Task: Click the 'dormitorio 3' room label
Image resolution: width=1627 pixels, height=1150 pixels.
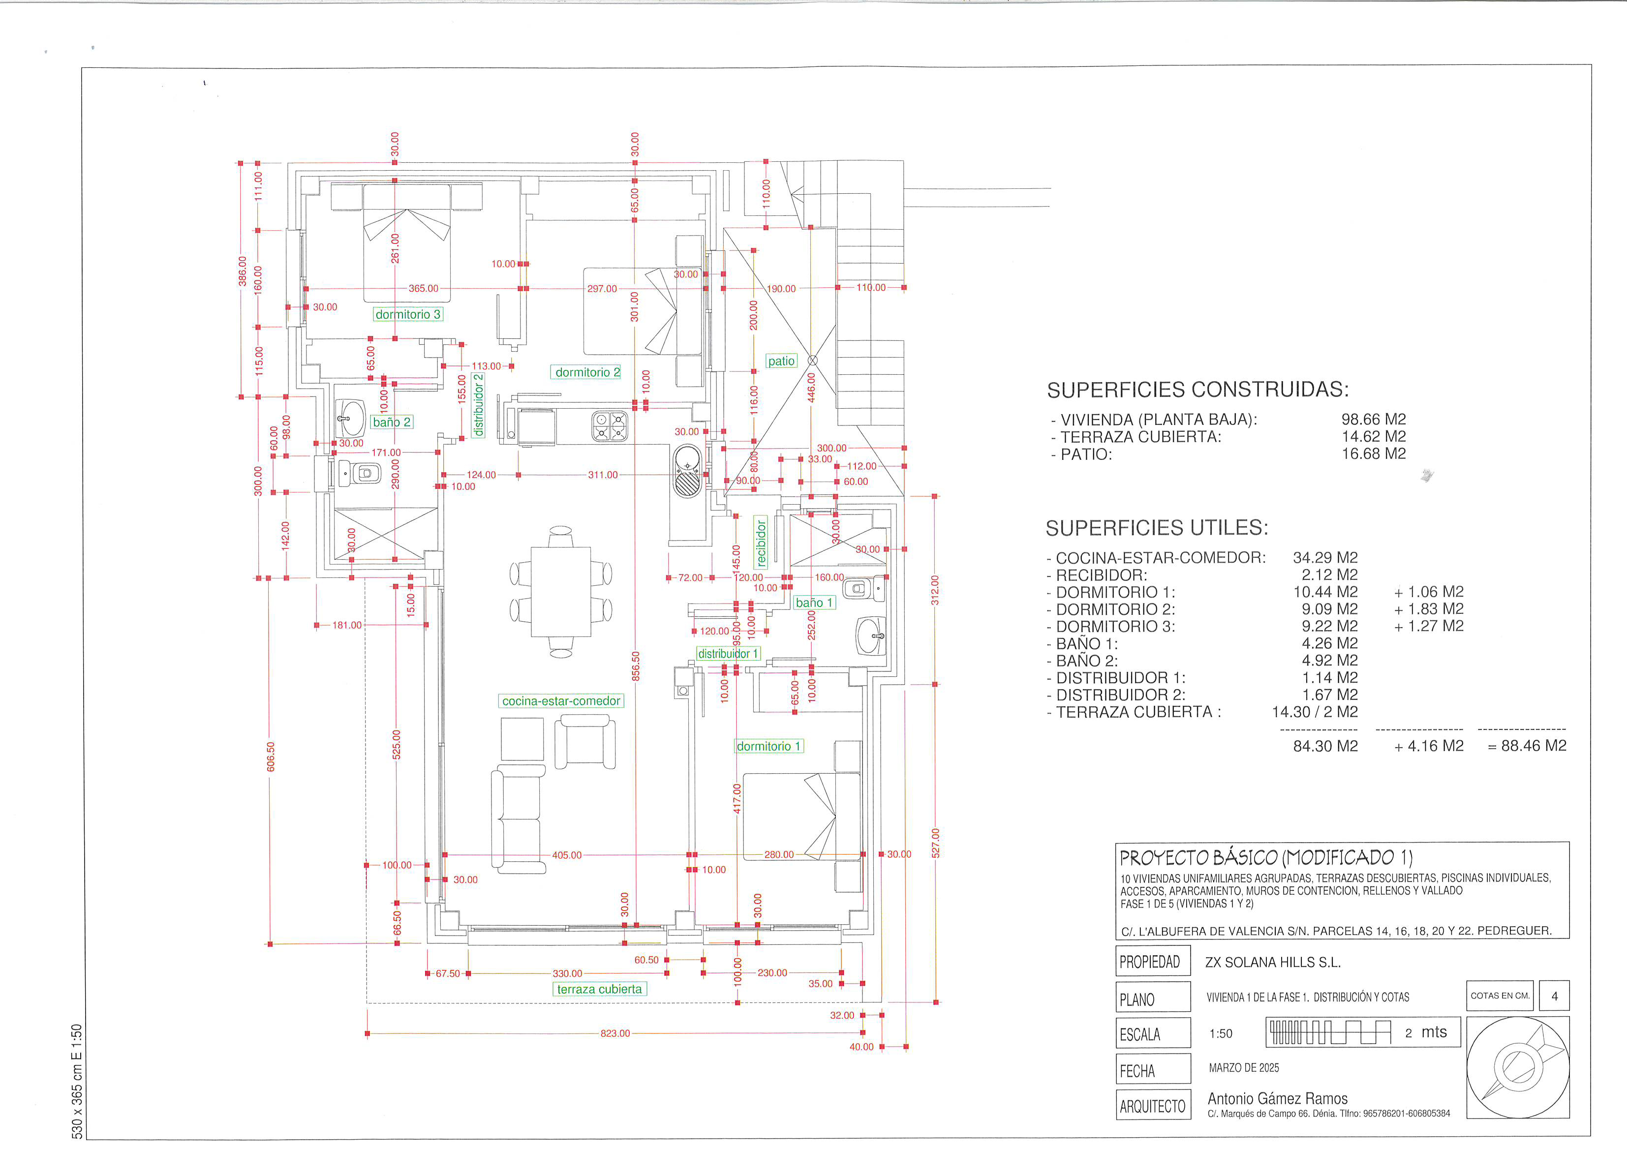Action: (x=408, y=314)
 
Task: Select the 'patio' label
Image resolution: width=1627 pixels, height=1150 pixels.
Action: (x=782, y=361)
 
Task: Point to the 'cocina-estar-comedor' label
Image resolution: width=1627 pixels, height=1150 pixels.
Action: (x=561, y=701)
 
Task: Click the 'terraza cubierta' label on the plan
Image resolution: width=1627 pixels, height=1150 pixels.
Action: (x=600, y=989)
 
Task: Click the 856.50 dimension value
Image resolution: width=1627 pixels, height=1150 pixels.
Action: (x=636, y=666)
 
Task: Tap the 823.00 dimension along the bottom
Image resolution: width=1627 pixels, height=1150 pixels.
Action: (x=615, y=1033)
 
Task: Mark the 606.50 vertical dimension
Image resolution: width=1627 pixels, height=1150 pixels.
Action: (x=270, y=757)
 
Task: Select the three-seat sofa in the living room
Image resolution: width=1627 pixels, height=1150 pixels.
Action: (x=518, y=819)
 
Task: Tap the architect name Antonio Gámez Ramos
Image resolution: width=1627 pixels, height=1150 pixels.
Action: (x=1278, y=1098)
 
